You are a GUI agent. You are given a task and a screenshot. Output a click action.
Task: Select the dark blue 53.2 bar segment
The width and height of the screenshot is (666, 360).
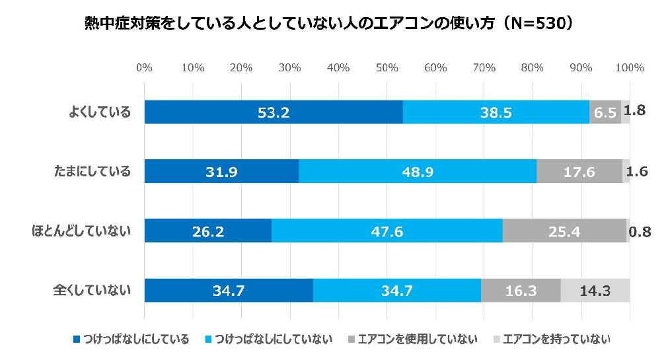click(274, 112)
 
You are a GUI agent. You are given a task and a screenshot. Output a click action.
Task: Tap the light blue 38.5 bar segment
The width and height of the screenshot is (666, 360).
click(496, 112)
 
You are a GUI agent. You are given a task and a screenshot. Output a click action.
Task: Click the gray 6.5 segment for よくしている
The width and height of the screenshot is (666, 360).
click(605, 112)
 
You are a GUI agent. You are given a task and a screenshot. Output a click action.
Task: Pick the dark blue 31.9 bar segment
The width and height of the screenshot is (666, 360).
click(221, 172)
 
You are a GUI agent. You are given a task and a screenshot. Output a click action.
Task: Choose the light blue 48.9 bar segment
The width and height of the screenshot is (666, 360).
click(418, 172)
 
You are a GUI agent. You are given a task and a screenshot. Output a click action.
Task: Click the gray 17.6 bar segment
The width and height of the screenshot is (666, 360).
click(579, 172)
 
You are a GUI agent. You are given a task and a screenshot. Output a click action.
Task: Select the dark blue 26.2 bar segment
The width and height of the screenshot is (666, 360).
click(207, 231)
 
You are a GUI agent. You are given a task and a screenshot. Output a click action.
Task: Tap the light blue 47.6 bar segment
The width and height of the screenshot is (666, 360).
click(387, 231)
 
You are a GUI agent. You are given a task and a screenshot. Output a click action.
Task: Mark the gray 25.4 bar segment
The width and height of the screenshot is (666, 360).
click(564, 231)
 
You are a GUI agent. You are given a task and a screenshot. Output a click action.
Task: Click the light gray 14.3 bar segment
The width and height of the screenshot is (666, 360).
click(595, 290)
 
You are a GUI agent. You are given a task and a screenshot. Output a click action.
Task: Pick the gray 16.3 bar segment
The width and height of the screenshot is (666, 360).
click(521, 290)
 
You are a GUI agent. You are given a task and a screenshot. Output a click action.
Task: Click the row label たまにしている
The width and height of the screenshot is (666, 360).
click(92, 172)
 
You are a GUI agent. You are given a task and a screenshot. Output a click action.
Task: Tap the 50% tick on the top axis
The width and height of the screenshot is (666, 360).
click(387, 68)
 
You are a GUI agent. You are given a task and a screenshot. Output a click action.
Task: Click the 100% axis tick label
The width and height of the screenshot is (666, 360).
click(629, 68)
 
